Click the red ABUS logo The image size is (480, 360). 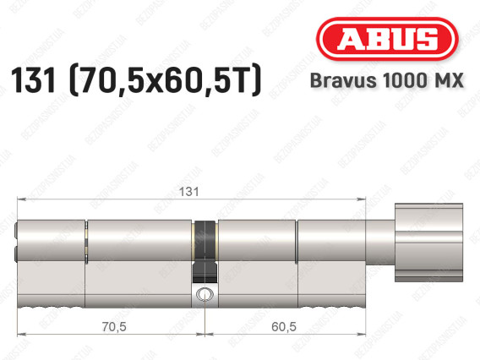tap(387, 39)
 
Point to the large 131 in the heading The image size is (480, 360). tap(33, 80)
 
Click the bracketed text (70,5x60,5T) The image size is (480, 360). tap(166, 80)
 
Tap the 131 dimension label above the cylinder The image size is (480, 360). tap(188, 192)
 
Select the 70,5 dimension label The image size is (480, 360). tap(114, 327)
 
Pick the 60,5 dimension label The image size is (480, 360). tap(284, 327)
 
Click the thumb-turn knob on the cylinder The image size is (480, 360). tap(428, 243)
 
